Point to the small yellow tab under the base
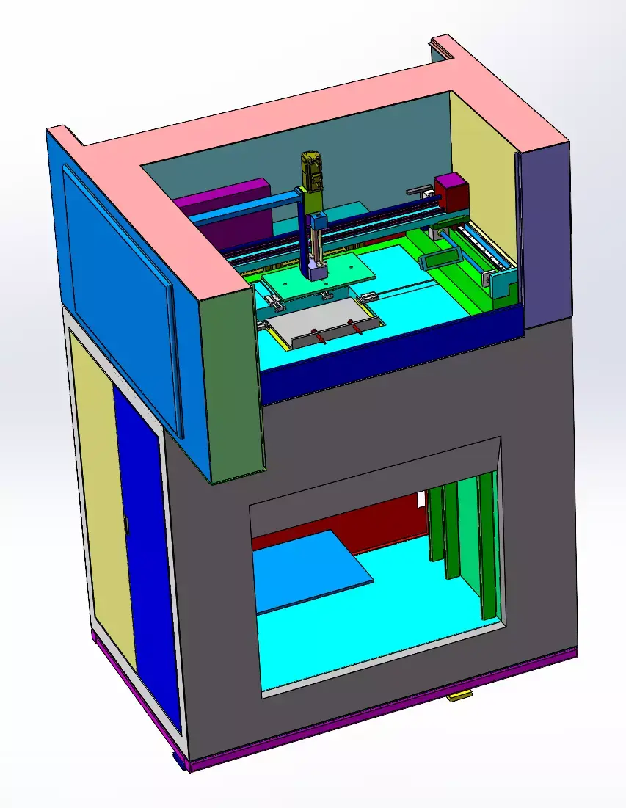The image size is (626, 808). coord(459,696)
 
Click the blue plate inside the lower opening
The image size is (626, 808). coord(308,568)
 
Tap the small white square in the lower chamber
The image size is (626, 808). coord(421,500)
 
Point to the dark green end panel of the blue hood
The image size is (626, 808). coord(233,382)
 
